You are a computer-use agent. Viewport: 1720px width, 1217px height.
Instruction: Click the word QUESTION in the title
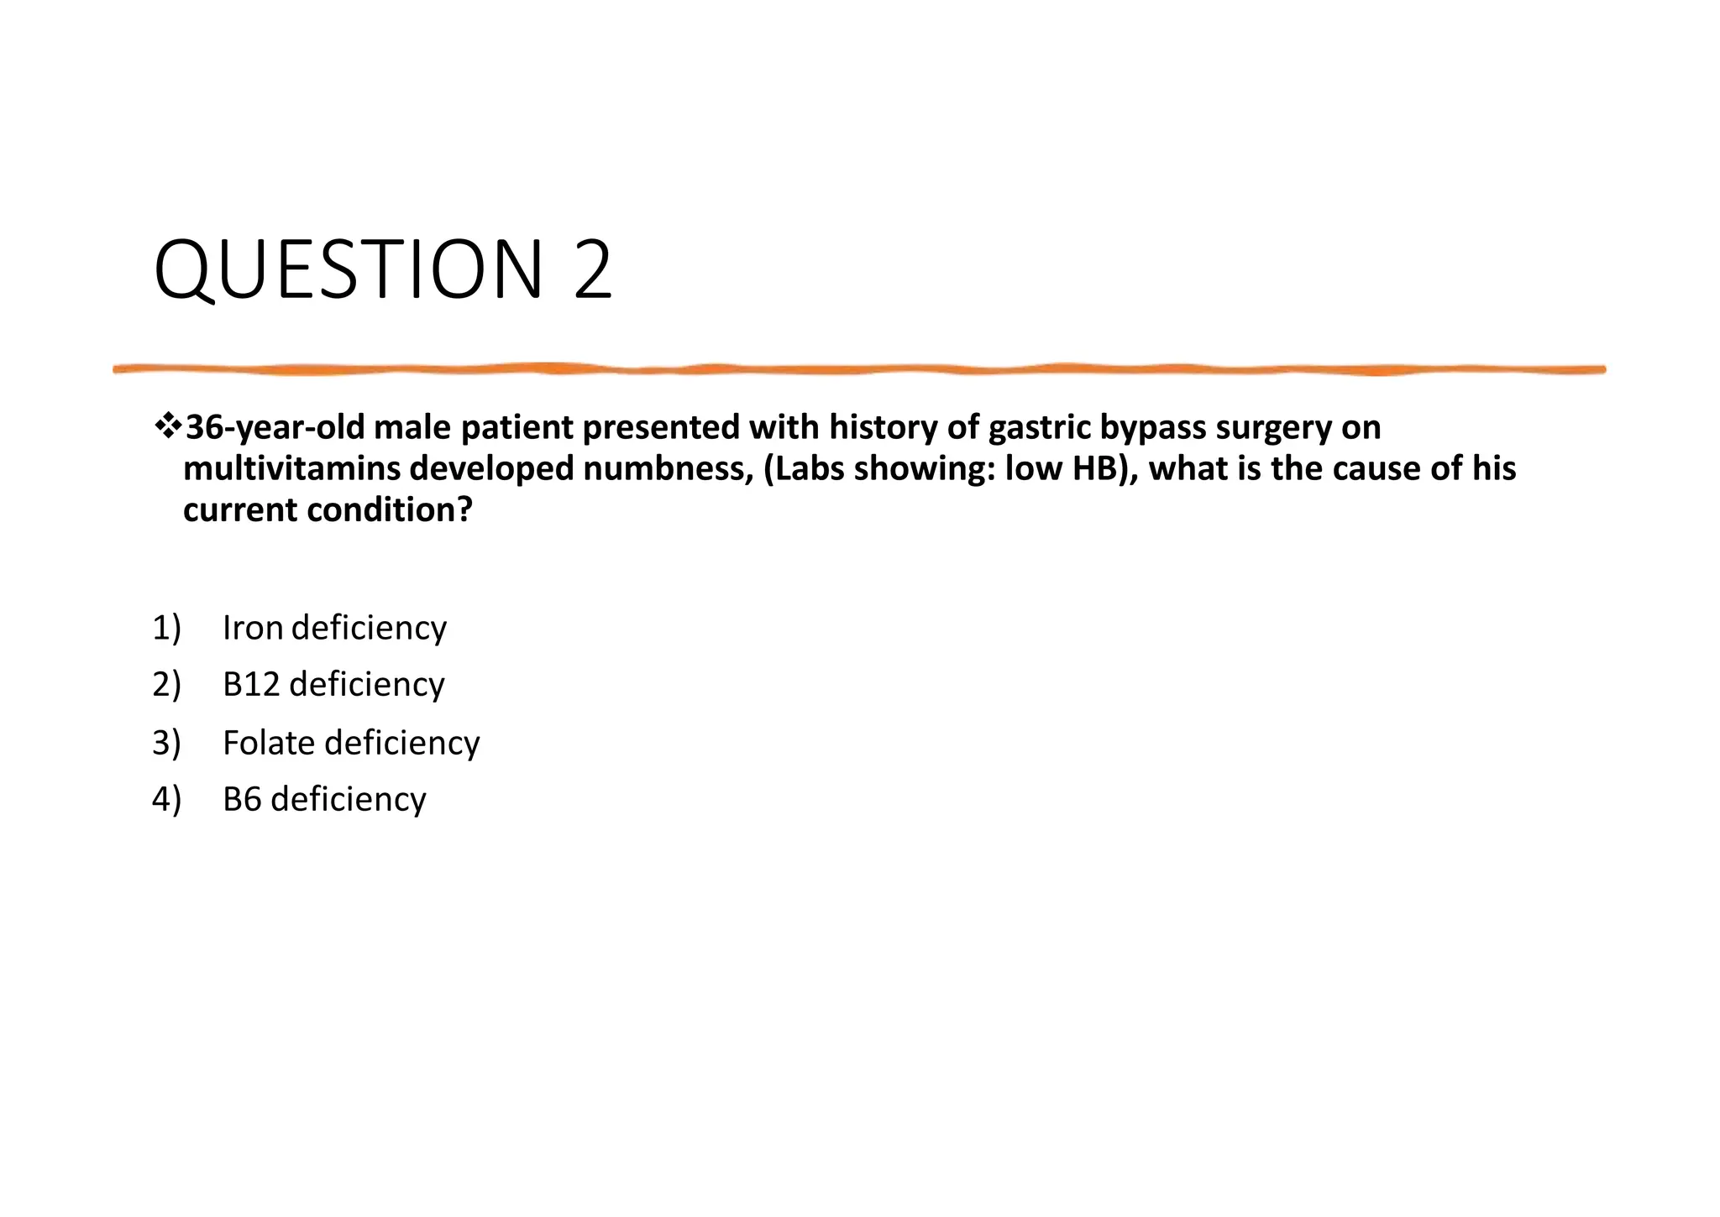(x=349, y=270)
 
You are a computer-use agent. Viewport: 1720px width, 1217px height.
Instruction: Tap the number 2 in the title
(x=593, y=270)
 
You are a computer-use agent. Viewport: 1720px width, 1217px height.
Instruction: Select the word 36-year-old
(x=275, y=428)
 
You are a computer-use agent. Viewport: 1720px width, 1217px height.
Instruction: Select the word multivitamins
(x=291, y=468)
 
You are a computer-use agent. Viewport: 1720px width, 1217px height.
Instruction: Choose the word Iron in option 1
(x=253, y=628)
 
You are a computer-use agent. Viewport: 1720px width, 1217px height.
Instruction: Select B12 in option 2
(x=250, y=685)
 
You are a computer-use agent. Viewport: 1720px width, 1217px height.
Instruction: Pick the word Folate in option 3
(x=269, y=743)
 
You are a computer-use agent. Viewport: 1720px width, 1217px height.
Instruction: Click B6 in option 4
(x=241, y=799)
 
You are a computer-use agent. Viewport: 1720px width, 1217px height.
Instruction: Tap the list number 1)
(x=166, y=628)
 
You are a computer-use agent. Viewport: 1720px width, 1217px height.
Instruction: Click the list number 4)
(x=166, y=799)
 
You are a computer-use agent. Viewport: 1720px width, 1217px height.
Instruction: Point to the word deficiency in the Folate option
(x=402, y=743)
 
